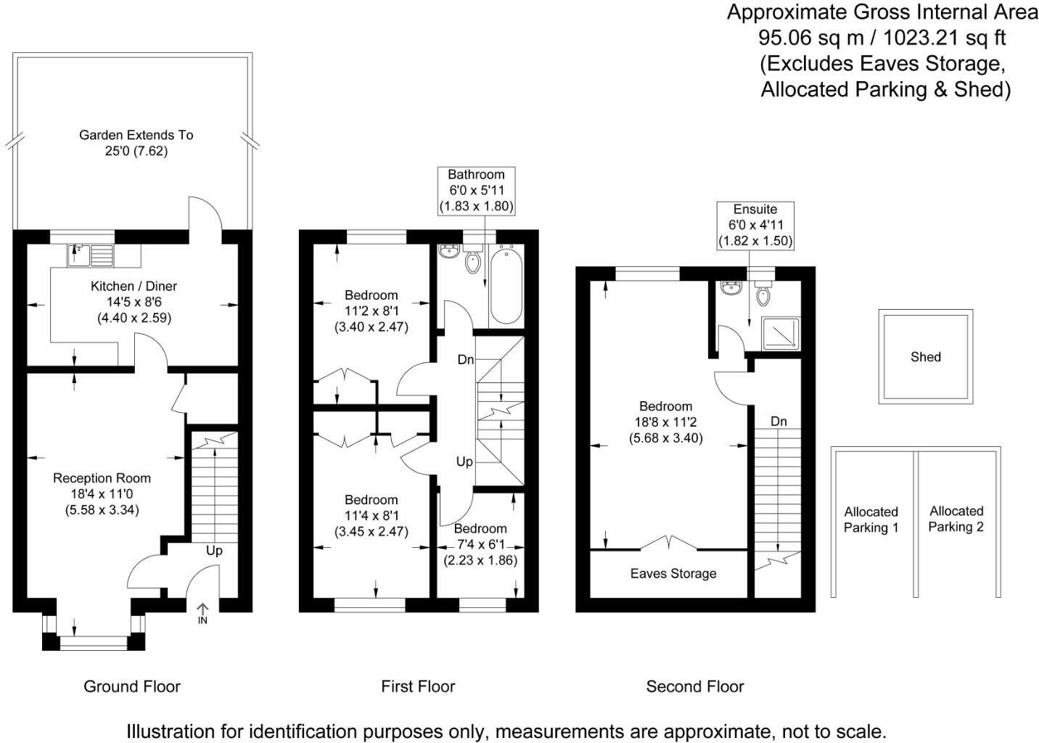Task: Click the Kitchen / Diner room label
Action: [x=134, y=286]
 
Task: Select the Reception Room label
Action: [x=102, y=478]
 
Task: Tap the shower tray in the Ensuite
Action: [x=781, y=333]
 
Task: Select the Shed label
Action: [x=926, y=357]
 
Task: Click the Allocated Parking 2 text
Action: [x=956, y=519]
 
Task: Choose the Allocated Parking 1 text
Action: [x=871, y=520]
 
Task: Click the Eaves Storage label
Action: [x=673, y=574]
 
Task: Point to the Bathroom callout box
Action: [x=477, y=191]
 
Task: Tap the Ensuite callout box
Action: [x=755, y=226]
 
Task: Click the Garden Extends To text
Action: [x=136, y=135]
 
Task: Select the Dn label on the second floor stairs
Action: [x=779, y=422]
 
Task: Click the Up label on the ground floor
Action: [x=214, y=551]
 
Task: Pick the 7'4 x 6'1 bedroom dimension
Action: [x=480, y=544]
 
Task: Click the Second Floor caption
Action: [x=695, y=686]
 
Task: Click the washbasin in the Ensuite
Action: [x=732, y=288]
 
